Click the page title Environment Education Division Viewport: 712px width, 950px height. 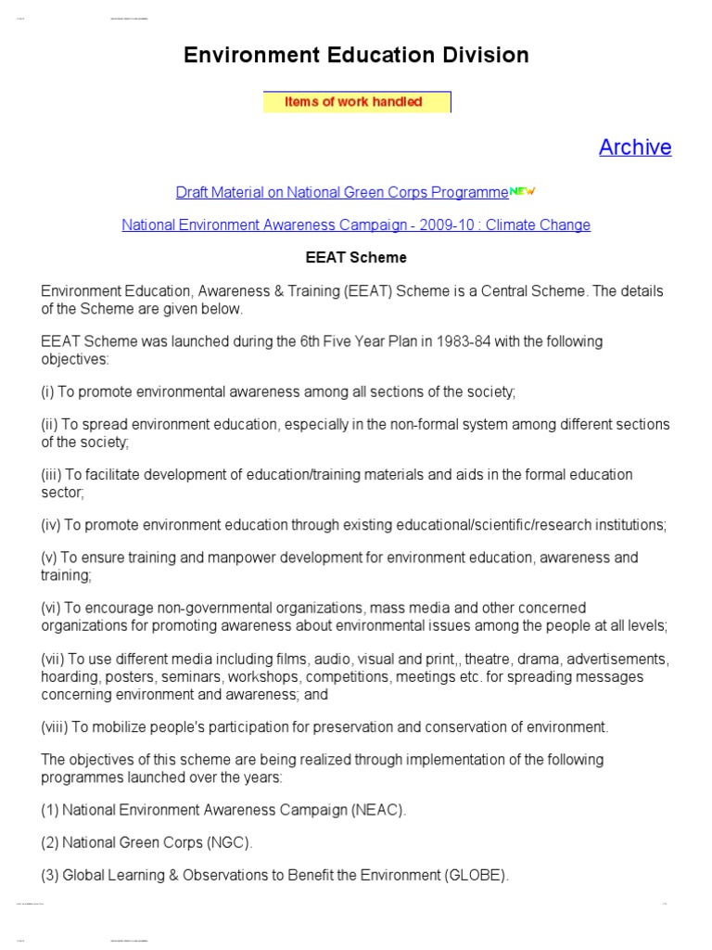coord(356,56)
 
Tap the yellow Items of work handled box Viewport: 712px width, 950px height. coord(357,102)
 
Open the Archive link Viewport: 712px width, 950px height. coord(635,148)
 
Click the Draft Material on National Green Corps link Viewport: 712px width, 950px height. coord(341,193)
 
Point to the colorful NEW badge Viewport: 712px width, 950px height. coord(523,192)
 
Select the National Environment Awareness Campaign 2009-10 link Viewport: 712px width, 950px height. coord(356,225)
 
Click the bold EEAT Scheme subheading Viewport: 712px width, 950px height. coord(356,258)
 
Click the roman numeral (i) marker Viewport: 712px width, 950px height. coord(48,392)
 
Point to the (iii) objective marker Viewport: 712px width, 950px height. coord(51,475)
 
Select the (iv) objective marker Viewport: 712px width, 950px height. coord(51,525)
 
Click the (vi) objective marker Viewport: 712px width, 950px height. coord(51,609)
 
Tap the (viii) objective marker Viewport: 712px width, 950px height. coord(54,726)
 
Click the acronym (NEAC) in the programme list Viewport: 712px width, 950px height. coord(378,810)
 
